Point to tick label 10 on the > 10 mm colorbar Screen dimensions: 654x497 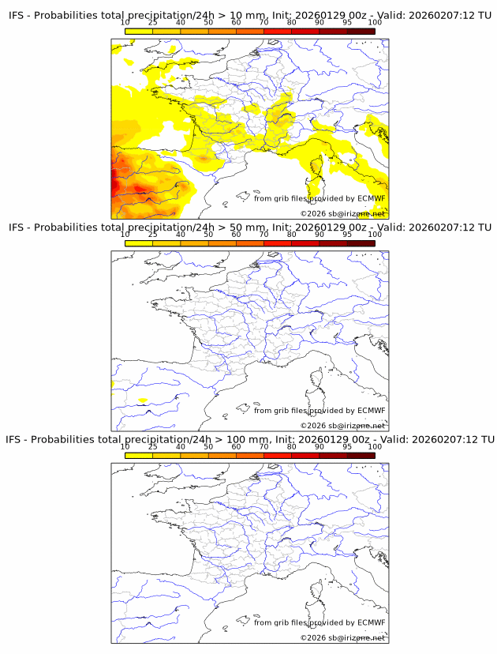point(125,23)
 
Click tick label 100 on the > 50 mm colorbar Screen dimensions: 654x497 point(375,235)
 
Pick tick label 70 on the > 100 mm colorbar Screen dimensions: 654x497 point(263,446)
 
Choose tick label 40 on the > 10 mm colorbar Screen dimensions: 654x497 point(180,23)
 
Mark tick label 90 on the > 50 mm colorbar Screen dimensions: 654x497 point(319,235)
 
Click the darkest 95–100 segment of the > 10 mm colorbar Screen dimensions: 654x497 point(361,31)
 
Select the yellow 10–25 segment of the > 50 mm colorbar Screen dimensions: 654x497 point(139,242)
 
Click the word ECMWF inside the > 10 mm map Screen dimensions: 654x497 point(372,199)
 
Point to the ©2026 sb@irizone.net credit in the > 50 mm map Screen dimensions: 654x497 point(342,425)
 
